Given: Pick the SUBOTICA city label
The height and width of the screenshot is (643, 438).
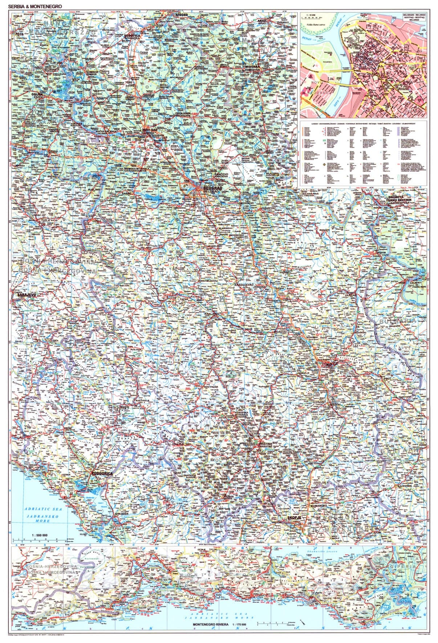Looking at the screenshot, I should [131, 36].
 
